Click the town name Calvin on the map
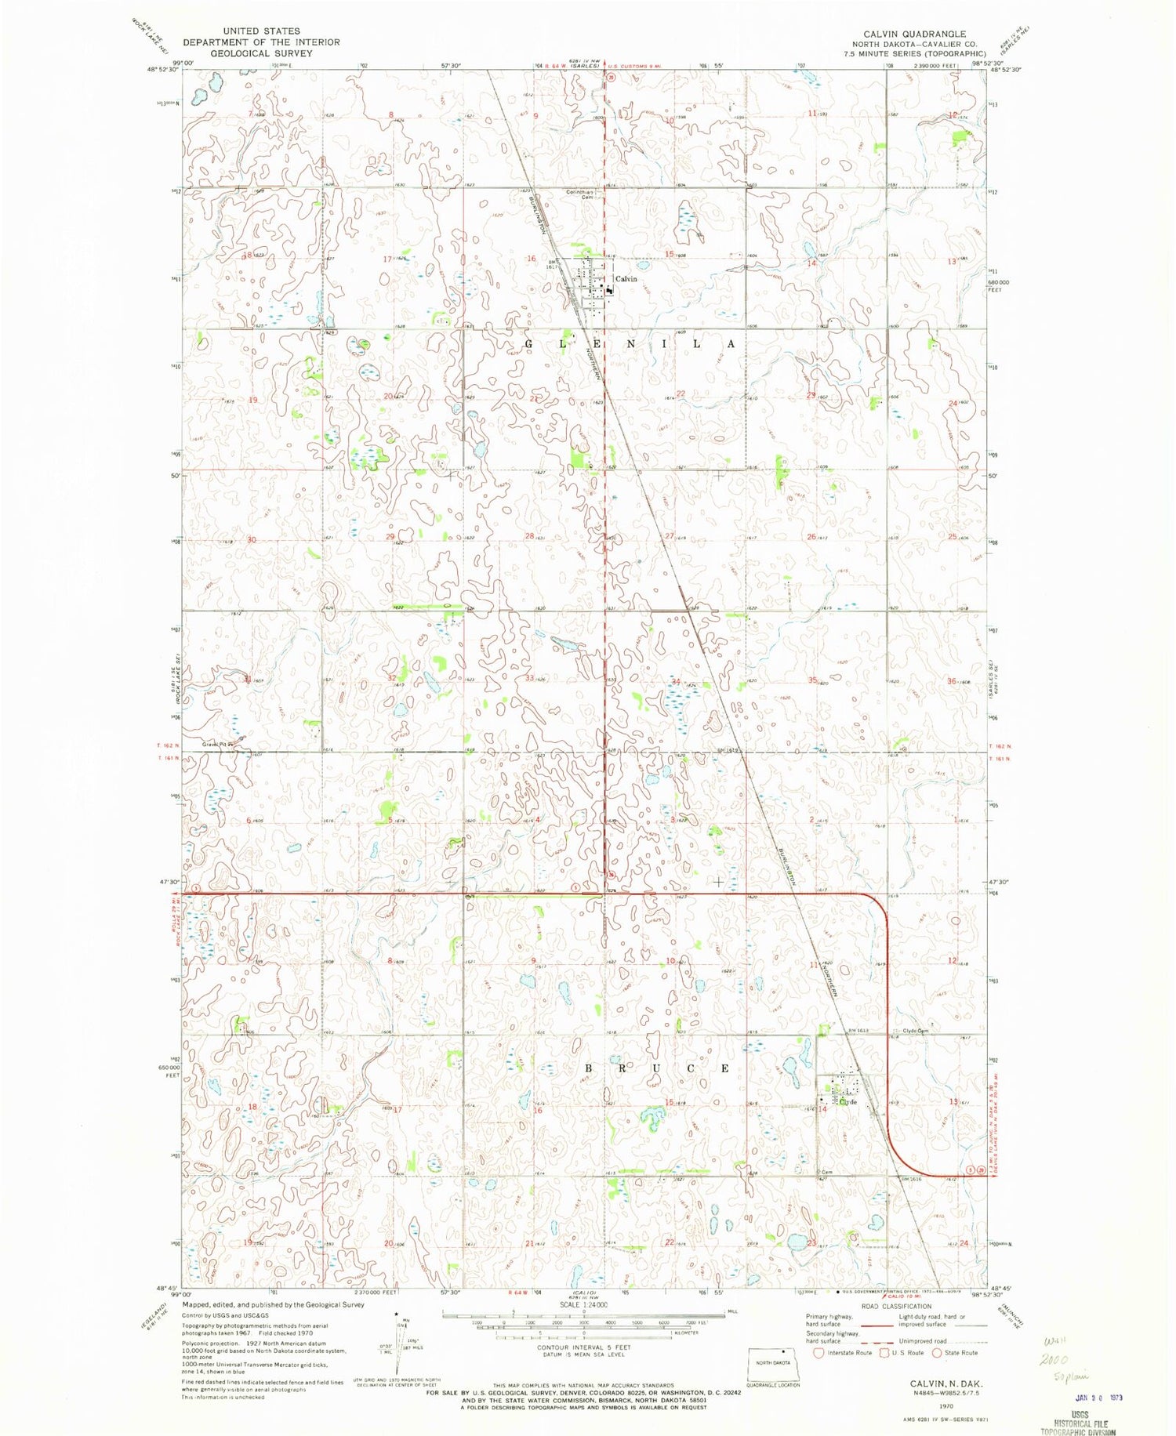tap(626, 279)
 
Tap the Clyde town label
tap(848, 1101)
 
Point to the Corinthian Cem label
tap(585, 194)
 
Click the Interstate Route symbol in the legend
tap(819, 1353)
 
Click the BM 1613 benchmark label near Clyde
tap(859, 1031)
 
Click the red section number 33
tap(530, 678)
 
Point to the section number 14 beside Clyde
tap(823, 1109)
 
